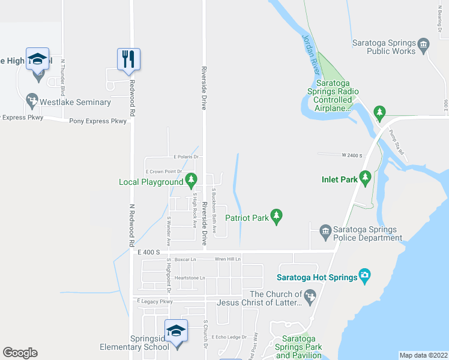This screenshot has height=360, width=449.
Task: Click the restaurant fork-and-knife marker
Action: point(128,59)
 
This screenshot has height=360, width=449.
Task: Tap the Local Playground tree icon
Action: point(191,179)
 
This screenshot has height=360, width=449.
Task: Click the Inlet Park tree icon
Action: point(364,178)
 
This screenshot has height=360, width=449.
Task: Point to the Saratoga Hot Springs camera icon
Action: point(364,276)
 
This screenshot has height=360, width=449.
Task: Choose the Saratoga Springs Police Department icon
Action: point(325,230)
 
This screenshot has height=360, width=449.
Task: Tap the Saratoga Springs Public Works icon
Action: point(424,43)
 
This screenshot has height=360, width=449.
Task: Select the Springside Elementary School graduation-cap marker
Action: point(176,331)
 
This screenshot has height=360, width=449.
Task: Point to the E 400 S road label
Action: point(148,253)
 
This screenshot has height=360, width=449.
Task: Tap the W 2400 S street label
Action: point(352,155)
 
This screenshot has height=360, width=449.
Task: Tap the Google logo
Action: point(20,353)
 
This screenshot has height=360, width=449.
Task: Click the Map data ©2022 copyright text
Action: point(423,355)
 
